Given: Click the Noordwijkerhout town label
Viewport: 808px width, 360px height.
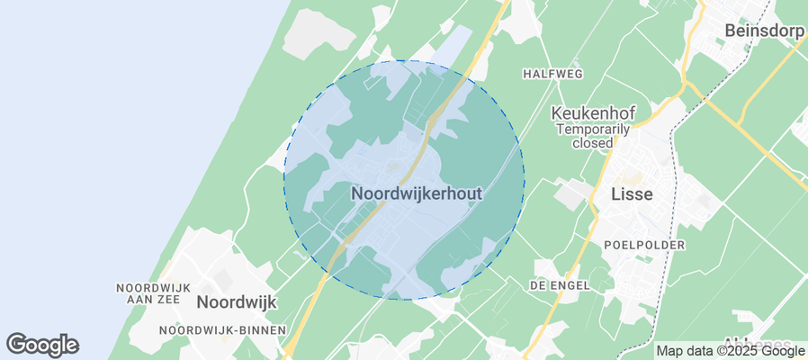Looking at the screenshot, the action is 417,193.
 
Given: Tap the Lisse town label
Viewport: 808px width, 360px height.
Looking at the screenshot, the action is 632,194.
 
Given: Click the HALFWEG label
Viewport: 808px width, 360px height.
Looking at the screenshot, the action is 553,73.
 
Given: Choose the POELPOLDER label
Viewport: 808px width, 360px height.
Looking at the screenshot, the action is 645,245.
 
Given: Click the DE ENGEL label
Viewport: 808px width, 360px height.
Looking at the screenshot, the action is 560,284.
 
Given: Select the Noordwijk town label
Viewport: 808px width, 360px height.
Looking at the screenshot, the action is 236,302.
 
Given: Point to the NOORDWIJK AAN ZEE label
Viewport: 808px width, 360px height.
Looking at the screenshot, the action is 154,293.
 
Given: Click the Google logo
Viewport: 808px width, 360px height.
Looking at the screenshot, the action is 42,344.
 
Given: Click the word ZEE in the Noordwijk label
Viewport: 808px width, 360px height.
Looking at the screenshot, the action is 175,300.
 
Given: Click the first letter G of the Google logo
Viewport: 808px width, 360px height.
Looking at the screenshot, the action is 16,344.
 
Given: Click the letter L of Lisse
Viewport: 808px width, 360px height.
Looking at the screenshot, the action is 615,194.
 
